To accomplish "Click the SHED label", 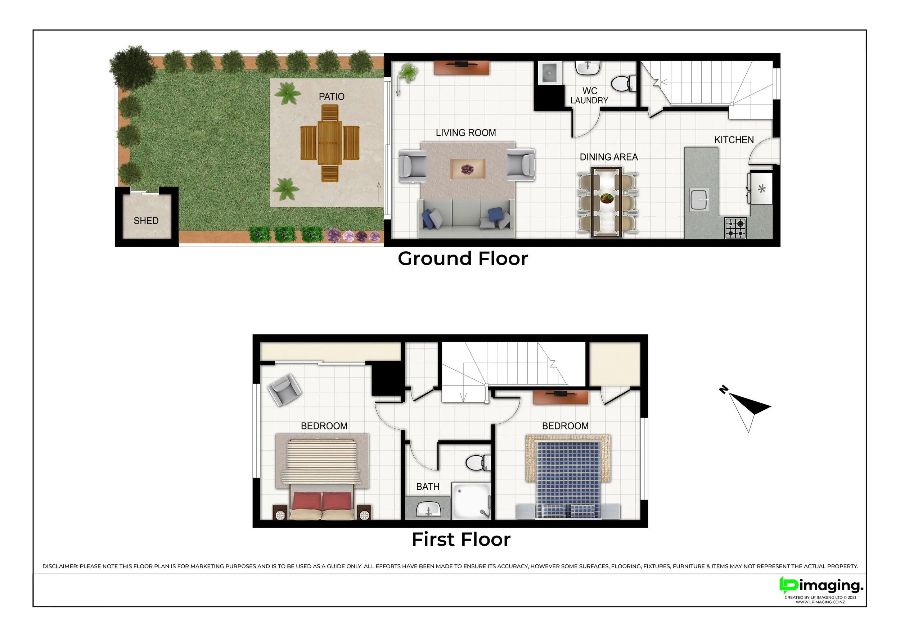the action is pyautogui.click(x=146, y=221).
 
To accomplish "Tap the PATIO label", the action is pyautogui.click(x=332, y=96).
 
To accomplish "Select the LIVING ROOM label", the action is pyautogui.click(x=466, y=133).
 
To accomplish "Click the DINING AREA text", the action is pyautogui.click(x=609, y=157).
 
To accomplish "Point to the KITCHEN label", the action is pyautogui.click(x=734, y=140).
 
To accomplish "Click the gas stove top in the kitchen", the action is pyautogui.click(x=735, y=228).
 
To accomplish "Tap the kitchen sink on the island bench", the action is pyautogui.click(x=700, y=200).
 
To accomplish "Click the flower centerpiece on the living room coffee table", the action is pyautogui.click(x=467, y=169).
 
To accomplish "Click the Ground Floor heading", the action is pyautogui.click(x=463, y=259).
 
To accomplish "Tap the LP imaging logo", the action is pyautogui.click(x=821, y=586).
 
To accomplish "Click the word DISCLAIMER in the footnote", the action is pyautogui.click(x=60, y=566).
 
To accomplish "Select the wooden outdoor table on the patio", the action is pyautogui.click(x=330, y=143).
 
